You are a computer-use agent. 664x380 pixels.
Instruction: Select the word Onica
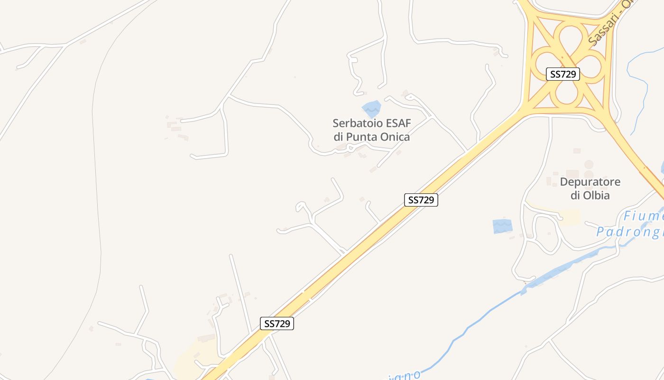(392, 137)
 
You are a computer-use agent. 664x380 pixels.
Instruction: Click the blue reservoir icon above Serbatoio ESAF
(371, 109)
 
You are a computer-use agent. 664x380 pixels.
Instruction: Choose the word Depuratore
(590, 182)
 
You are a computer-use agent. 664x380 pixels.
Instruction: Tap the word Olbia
(596, 195)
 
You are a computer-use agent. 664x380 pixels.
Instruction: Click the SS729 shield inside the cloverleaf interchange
(563, 74)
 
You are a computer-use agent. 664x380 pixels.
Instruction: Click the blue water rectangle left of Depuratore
(502, 226)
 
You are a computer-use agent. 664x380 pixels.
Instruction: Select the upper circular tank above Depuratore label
(589, 164)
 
